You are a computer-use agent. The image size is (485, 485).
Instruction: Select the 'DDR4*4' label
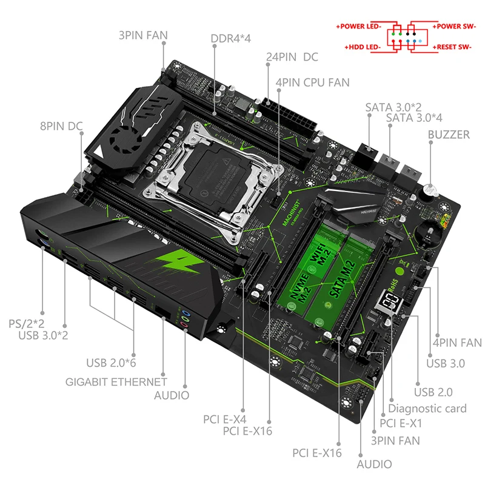click(230, 38)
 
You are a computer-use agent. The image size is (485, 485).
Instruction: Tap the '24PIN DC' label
click(292, 58)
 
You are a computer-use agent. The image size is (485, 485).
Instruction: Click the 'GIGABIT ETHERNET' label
click(116, 382)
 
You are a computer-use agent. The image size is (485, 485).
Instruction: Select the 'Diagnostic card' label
click(427, 409)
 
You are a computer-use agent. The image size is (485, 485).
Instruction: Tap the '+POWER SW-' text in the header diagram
click(454, 27)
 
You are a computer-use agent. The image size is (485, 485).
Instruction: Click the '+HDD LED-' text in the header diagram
click(363, 47)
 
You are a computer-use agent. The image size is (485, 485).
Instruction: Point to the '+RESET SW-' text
click(454, 47)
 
